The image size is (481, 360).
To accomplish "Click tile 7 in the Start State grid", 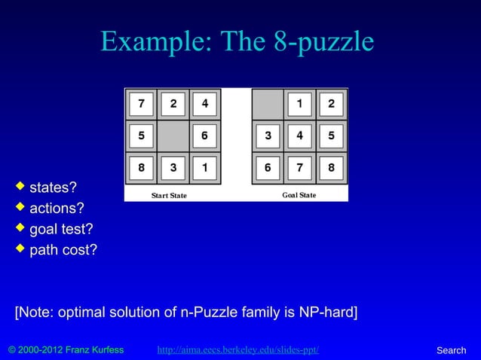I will (141, 105).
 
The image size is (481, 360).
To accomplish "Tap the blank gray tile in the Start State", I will (173, 136).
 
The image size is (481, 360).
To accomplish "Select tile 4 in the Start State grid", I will (204, 105).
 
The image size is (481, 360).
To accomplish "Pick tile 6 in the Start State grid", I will (204, 136).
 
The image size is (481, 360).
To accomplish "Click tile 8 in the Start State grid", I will (141, 168).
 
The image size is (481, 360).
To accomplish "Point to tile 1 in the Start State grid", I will (204, 168).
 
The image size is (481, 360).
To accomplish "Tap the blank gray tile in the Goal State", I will (268, 105).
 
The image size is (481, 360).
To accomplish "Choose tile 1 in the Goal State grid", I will (299, 105).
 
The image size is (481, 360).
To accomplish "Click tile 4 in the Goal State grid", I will (299, 136).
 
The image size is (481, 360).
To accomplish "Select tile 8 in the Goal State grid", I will (331, 168).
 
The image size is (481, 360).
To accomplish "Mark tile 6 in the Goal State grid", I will (268, 168).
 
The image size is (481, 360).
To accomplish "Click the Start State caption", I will (169, 196).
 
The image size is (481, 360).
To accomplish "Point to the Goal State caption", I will (299, 195).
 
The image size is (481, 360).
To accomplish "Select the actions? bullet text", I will (57, 207).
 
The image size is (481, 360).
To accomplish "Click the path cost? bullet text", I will (63, 249).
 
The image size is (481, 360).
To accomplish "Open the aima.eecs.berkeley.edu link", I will (237, 350).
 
